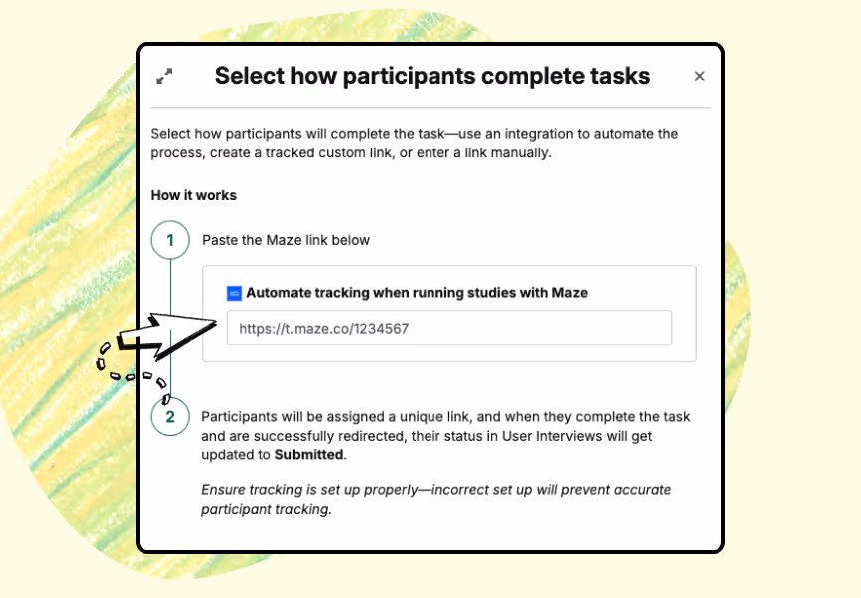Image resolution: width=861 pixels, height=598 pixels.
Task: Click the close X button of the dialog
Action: [699, 76]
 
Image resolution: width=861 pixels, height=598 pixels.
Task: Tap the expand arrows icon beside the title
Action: [164, 76]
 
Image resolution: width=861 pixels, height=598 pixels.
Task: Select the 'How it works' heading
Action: [194, 195]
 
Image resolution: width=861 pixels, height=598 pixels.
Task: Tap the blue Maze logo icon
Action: [234, 293]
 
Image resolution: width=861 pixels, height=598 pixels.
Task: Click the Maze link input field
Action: [449, 328]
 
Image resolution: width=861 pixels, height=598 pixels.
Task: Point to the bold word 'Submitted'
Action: [309, 455]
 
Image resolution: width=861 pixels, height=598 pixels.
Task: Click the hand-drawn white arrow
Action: [164, 336]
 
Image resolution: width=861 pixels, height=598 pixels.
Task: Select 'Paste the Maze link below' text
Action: [286, 240]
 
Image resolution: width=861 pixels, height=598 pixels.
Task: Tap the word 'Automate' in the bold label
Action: [279, 293]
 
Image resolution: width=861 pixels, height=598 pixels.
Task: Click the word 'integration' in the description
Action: [539, 134]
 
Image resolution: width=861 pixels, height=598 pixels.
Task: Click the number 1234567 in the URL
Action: [381, 328]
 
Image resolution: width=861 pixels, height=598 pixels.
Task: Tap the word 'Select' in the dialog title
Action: [249, 77]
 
